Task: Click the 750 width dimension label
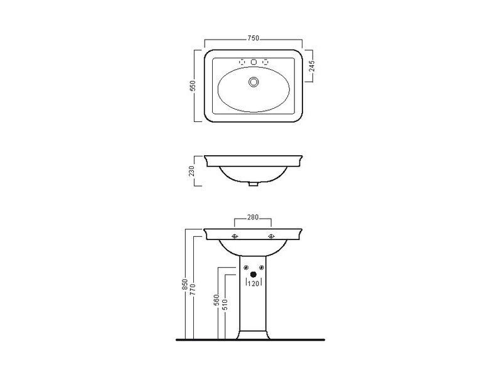tap(253, 38)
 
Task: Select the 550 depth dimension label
tap(193, 85)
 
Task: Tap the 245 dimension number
tap(312, 66)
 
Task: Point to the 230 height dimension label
tap(191, 171)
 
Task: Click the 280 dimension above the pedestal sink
tap(253, 217)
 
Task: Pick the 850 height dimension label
tap(184, 285)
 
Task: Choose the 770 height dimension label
tap(192, 290)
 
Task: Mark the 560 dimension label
tap(216, 300)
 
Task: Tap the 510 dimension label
tap(225, 305)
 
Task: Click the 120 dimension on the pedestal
tap(254, 284)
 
